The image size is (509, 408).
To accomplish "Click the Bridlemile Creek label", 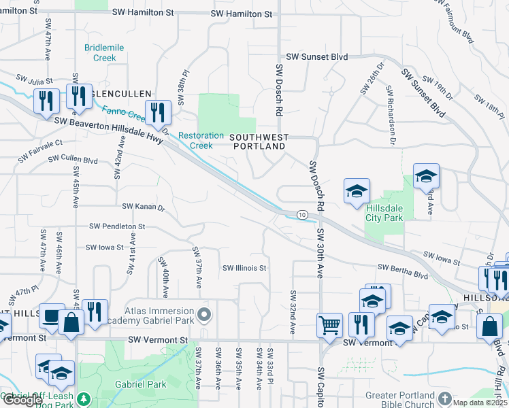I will [100, 53].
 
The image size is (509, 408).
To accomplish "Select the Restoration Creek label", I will [201, 141].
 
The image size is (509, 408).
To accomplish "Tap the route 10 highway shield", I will [301, 215].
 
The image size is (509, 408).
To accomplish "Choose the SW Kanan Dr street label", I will [143, 206].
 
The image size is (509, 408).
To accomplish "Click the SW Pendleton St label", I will [117, 226].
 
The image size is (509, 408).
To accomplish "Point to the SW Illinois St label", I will [244, 268].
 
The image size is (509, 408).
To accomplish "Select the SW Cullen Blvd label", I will [73, 160].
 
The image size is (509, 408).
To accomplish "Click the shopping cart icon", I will [329, 325].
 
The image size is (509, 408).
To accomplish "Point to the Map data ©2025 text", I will [479, 403].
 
